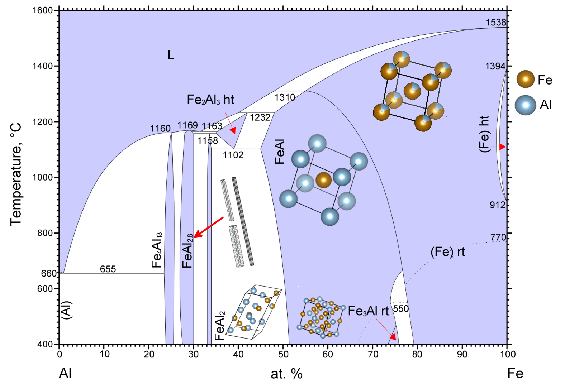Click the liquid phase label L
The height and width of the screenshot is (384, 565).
coord(171,55)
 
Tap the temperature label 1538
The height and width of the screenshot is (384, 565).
coord(495,22)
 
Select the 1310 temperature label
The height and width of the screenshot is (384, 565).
coord(285,97)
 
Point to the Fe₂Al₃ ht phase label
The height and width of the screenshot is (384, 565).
coord(210,100)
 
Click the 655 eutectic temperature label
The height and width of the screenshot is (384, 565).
coord(108,269)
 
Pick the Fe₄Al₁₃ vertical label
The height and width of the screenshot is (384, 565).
coord(157,250)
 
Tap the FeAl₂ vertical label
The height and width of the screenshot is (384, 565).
coord(219,326)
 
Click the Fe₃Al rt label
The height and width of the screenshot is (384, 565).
coord(368,311)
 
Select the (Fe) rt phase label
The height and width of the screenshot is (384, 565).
coord(447,252)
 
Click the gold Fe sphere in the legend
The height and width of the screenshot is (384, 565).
coord(526,79)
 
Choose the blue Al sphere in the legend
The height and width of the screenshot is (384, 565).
coord(525,105)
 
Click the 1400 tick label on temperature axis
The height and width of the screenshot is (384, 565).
coord(42,66)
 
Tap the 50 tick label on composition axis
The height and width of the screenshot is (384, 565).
coord(283,354)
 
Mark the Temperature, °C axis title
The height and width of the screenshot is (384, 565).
coord(16,175)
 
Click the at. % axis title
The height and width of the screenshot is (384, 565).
coord(286,374)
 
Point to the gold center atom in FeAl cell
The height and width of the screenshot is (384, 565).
coord(323,180)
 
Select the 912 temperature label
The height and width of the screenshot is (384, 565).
coord(498,205)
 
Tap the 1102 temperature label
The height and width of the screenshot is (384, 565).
coord(233,155)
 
